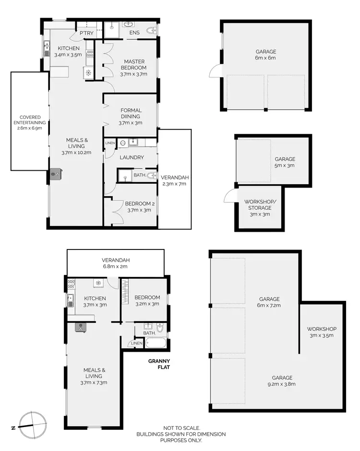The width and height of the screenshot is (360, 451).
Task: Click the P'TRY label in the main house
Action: pyautogui.click(x=86, y=33)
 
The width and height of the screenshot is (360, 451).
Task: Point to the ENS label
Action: pyautogui.click(x=134, y=33)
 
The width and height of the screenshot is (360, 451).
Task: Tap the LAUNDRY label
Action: pyautogui.click(x=132, y=157)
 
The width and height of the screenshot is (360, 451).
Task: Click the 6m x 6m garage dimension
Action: pyautogui.click(x=265, y=58)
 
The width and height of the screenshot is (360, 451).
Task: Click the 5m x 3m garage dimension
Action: pyautogui.click(x=285, y=166)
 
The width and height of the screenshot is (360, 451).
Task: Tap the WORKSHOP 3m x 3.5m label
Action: pyautogui.click(x=322, y=332)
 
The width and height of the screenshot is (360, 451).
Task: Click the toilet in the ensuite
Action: pyautogui.click(x=152, y=32)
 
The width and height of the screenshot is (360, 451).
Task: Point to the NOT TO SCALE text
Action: pyautogui.click(x=181, y=428)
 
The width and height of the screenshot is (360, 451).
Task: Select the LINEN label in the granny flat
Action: pyautogui.click(x=136, y=344)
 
